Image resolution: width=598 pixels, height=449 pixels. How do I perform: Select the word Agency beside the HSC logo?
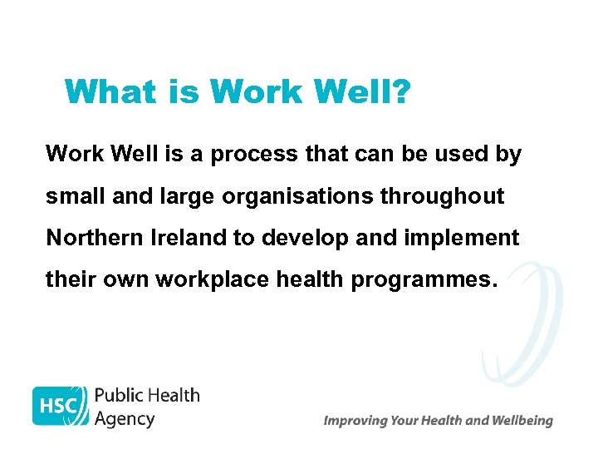125,418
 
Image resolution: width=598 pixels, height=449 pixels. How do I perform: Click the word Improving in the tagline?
355,421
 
